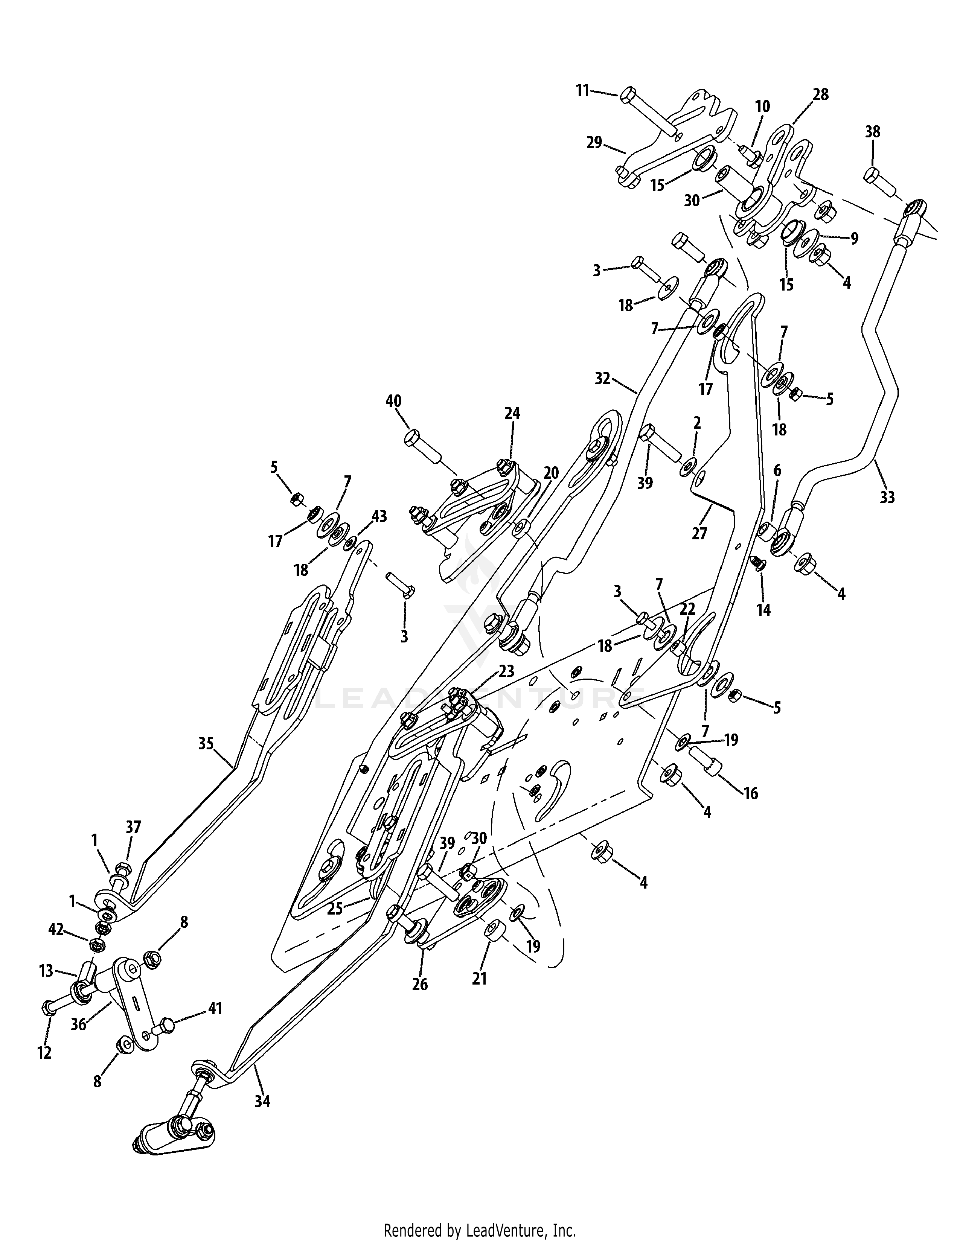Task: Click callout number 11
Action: (x=582, y=90)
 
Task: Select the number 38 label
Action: (x=872, y=132)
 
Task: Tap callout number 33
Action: (x=887, y=498)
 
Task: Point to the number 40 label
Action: (x=393, y=401)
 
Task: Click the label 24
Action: (x=512, y=413)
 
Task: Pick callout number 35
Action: (x=206, y=743)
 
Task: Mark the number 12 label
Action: (x=44, y=1053)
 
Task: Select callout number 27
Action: (x=699, y=533)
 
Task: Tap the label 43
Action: (x=379, y=516)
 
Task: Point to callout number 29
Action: (x=594, y=143)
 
